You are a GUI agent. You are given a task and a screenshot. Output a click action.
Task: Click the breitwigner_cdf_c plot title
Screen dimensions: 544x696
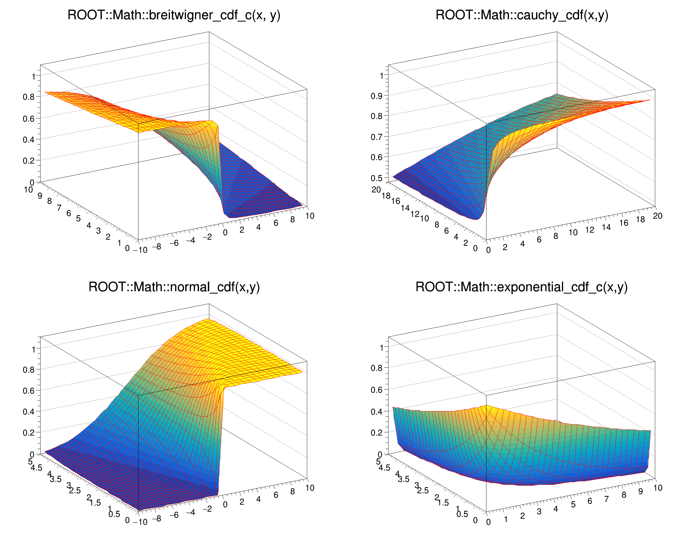(174, 15)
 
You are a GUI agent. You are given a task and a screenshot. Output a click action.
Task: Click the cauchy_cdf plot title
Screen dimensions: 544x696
(522, 15)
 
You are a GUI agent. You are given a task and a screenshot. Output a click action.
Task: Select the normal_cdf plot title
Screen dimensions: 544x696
(174, 287)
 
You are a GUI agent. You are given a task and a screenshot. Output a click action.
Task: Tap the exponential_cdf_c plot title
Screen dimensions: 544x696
(522, 287)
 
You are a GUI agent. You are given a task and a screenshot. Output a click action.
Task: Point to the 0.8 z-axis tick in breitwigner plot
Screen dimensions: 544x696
(29, 97)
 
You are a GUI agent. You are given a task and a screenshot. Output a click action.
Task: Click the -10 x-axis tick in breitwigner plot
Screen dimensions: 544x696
(140, 250)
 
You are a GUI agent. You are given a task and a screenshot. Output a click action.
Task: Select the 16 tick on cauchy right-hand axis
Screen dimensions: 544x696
(624, 223)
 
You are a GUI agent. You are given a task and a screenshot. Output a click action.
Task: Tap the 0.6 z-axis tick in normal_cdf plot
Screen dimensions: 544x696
(29, 390)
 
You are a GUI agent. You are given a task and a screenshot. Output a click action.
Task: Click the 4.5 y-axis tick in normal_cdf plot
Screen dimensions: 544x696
(36, 468)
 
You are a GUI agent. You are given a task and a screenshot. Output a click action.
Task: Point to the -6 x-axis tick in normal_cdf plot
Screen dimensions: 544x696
(174, 515)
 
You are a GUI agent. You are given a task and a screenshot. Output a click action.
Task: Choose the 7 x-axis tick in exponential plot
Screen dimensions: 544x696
(607, 499)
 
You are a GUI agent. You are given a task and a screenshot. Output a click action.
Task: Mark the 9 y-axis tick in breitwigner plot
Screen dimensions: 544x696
(40, 196)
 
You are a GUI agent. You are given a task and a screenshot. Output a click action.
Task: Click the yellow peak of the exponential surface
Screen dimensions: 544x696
(486, 406)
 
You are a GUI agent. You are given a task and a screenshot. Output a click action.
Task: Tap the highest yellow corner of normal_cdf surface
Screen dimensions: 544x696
(209, 319)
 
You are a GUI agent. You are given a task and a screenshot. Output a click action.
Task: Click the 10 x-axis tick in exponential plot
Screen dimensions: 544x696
(658, 488)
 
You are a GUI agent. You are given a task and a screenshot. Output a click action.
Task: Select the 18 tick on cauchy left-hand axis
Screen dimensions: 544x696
(386, 196)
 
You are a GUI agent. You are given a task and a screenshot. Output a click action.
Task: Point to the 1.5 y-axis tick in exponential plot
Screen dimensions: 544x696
(443, 503)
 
